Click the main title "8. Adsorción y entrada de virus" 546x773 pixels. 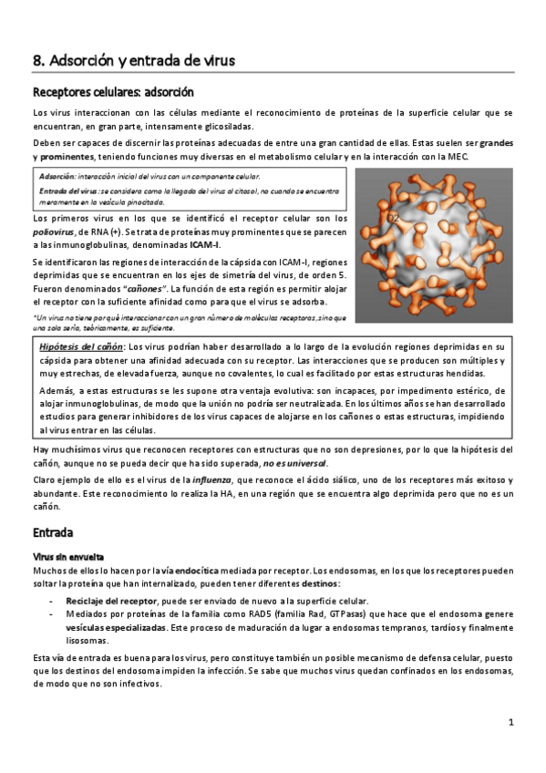tap(134, 60)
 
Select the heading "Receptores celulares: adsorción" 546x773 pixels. tap(112, 92)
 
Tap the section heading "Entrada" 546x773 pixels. tap(53, 531)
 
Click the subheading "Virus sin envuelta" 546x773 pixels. tap(68, 556)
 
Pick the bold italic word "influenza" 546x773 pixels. tap(212, 479)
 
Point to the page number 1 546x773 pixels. tap(511, 722)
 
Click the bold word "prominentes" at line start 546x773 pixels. tap(60, 157)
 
